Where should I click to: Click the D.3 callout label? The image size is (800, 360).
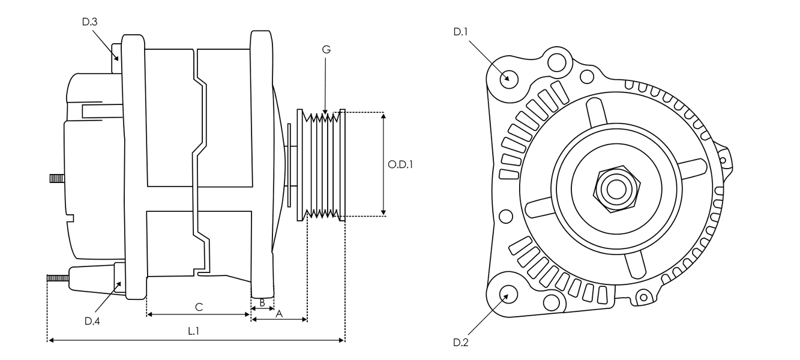tap(90, 22)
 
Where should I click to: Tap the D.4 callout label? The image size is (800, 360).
tap(92, 321)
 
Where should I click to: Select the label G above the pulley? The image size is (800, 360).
tap(326, 50)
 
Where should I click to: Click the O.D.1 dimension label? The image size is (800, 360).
tap(401, 164)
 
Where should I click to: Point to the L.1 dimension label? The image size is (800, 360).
tap(194, 331)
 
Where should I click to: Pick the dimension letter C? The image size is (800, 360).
tap(199, 307)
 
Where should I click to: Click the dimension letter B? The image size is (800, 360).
tap(262, 302)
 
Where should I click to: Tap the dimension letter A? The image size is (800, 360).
tap(278, 313)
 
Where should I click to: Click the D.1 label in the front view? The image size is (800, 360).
tap(460, 32)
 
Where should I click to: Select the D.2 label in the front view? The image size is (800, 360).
tap(460, 343)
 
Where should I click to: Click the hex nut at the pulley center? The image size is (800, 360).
tap(615, 189)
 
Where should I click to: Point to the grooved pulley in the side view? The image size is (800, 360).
tap(322, 164)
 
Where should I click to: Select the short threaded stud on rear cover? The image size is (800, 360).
tap(57, 178)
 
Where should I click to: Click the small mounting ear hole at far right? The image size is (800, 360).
tap(722, 160)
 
